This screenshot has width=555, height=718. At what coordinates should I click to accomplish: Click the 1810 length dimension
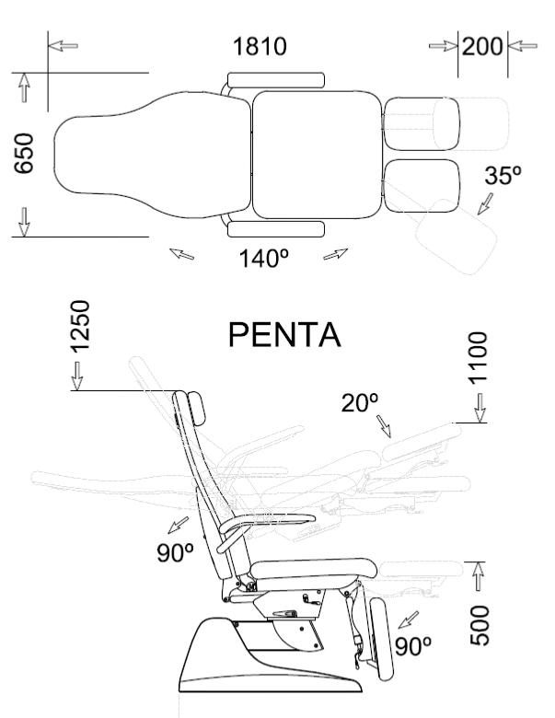260,46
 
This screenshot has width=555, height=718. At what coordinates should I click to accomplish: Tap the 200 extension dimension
482,46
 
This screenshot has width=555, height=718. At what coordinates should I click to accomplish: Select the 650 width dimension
24,154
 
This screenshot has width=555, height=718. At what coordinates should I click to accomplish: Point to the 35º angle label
503,176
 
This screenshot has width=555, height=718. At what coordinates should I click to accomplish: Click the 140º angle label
264,258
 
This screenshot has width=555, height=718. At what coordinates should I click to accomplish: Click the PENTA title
284,335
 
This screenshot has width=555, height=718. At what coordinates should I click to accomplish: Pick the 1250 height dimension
80,326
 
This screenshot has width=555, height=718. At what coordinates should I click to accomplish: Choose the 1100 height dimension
478,358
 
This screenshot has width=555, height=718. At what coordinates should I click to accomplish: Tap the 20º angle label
360,403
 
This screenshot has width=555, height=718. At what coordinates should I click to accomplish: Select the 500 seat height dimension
480,626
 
